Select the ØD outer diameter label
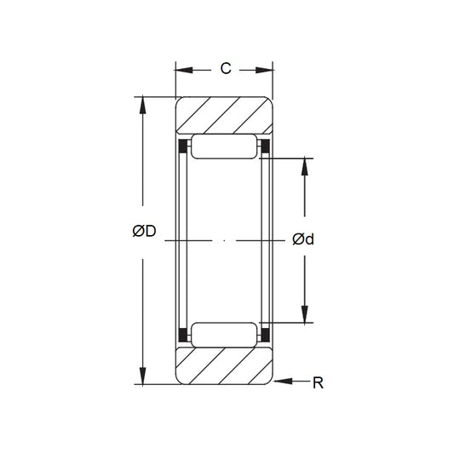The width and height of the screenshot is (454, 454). click(x=144, y=231)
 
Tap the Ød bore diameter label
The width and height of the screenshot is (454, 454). click(x=303, y=239)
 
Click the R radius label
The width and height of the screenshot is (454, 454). click(x=319, y=383)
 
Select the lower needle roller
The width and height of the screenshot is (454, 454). click(x=224, y=334)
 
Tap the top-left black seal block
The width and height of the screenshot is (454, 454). click(x=181, y=150)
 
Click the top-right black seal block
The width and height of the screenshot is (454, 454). click(x=265, y=150)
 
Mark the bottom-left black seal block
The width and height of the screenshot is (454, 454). click(x=181, y=331)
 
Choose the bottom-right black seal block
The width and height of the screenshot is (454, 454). click(x=265, y=331)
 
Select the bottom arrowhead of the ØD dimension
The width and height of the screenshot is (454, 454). click(x=142, y=379)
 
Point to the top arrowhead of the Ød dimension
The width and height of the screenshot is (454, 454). click(x=305, y=164)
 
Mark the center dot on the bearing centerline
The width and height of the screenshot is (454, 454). click(x=224, y=242)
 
